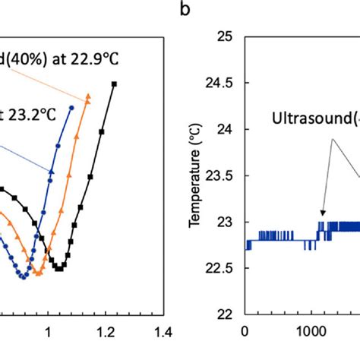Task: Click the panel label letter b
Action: [185, 11]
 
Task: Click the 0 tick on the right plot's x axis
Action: [244, 331]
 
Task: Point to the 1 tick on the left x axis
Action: [49, 330]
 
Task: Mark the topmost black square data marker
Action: [115, 84]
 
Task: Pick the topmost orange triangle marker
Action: [88, 96]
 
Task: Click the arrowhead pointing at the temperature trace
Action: [322, 216]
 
